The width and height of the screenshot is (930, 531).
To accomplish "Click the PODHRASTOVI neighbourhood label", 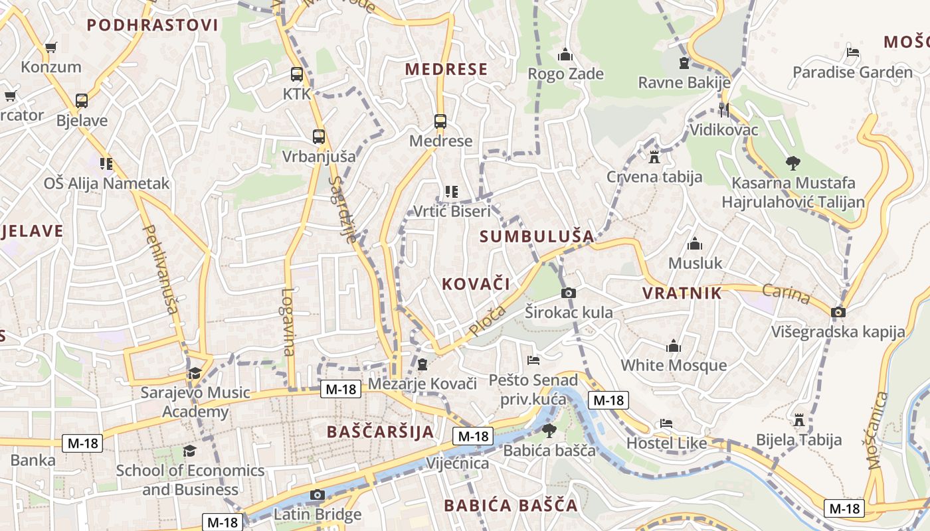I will (x=152, y=25).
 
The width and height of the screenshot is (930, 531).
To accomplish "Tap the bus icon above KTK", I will (x=296, y=74).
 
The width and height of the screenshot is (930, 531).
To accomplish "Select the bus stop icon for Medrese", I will (x=440, y=121).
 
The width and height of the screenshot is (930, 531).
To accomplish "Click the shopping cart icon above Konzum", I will (x=50, y=48).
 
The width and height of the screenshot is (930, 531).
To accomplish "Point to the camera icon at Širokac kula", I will (x=569, y=293).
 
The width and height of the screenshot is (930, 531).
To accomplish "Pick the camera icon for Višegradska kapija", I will (x=838, y=312).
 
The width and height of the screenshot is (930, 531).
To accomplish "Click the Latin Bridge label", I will (x=318, y=514).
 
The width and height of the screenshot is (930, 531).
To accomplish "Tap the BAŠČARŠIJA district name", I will (x=380, y=432).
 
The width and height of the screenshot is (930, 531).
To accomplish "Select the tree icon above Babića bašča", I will (x=549, y=431).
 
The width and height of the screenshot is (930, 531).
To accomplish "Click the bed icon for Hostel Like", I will (x=666, y=423).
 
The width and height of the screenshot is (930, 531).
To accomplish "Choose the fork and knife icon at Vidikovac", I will (x=724, y=110).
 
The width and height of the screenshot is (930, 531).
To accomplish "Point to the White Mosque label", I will (x=674, y=365).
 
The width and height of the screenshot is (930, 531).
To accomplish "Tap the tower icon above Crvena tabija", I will (x=654, y=157).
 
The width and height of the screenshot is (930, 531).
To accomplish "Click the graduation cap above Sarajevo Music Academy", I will (x=194, y=373).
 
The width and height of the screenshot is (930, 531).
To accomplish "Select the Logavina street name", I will (x=288, y=322).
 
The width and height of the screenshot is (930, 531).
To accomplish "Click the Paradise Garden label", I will (x=853, y=72).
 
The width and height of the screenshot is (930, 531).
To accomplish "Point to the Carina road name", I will (x=787, y=294).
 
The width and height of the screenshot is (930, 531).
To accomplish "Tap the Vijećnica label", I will (x=458, y=463).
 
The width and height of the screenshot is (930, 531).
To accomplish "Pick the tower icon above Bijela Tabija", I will (x=799, y=420).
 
